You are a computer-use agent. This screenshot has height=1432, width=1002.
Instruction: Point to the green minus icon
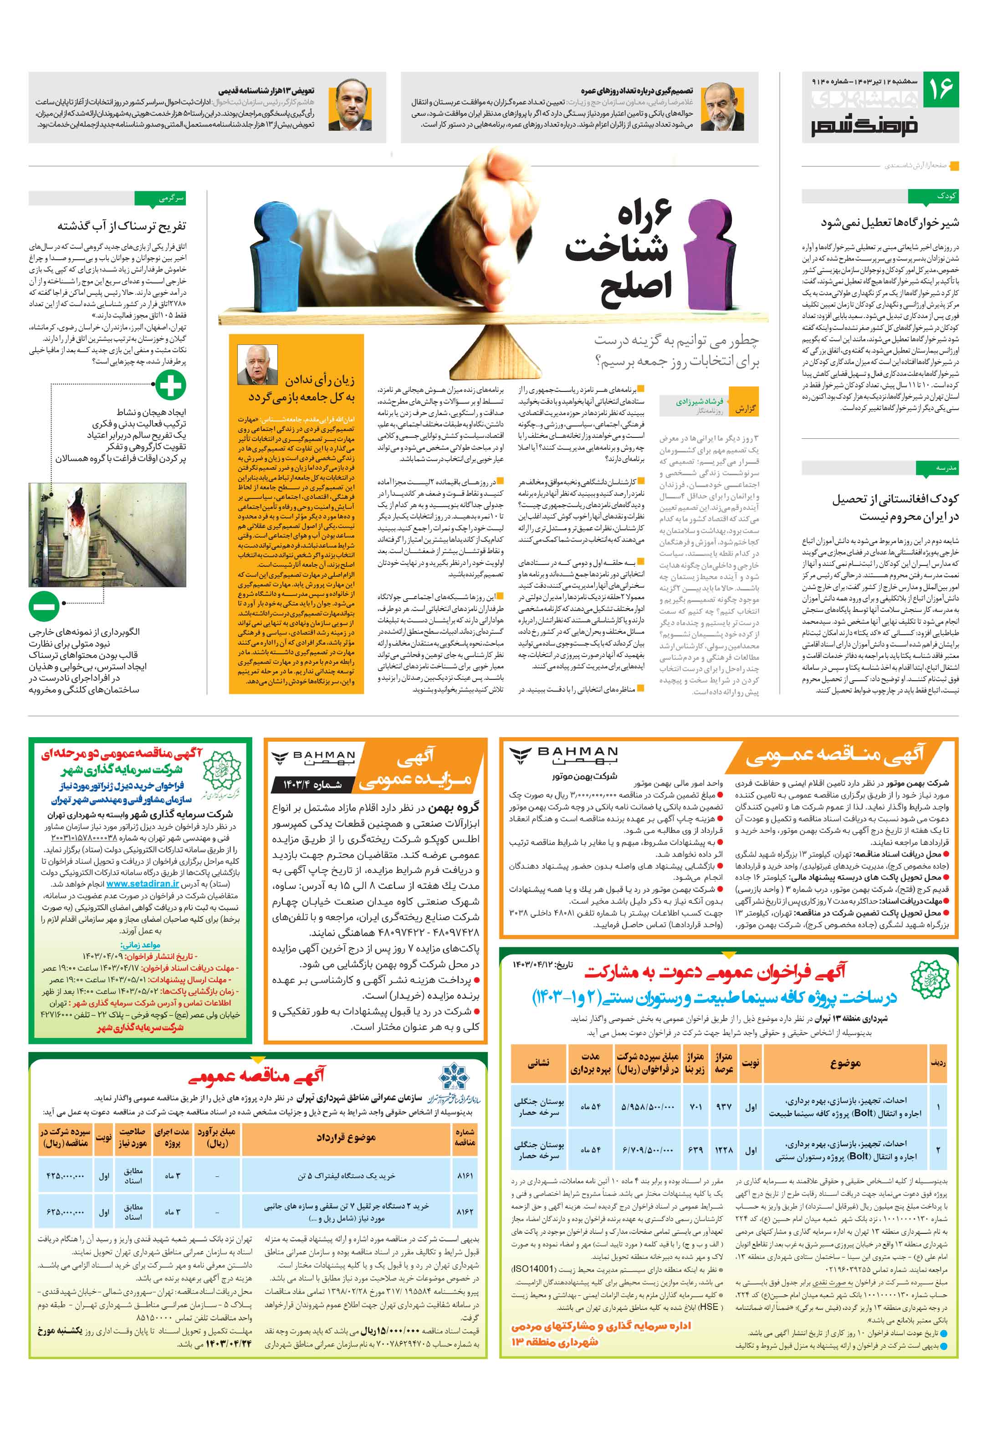pos(44,606)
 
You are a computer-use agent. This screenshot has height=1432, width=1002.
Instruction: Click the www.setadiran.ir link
pos(143,884)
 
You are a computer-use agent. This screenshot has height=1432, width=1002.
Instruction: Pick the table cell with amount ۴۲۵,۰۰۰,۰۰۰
pos(65,1175)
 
